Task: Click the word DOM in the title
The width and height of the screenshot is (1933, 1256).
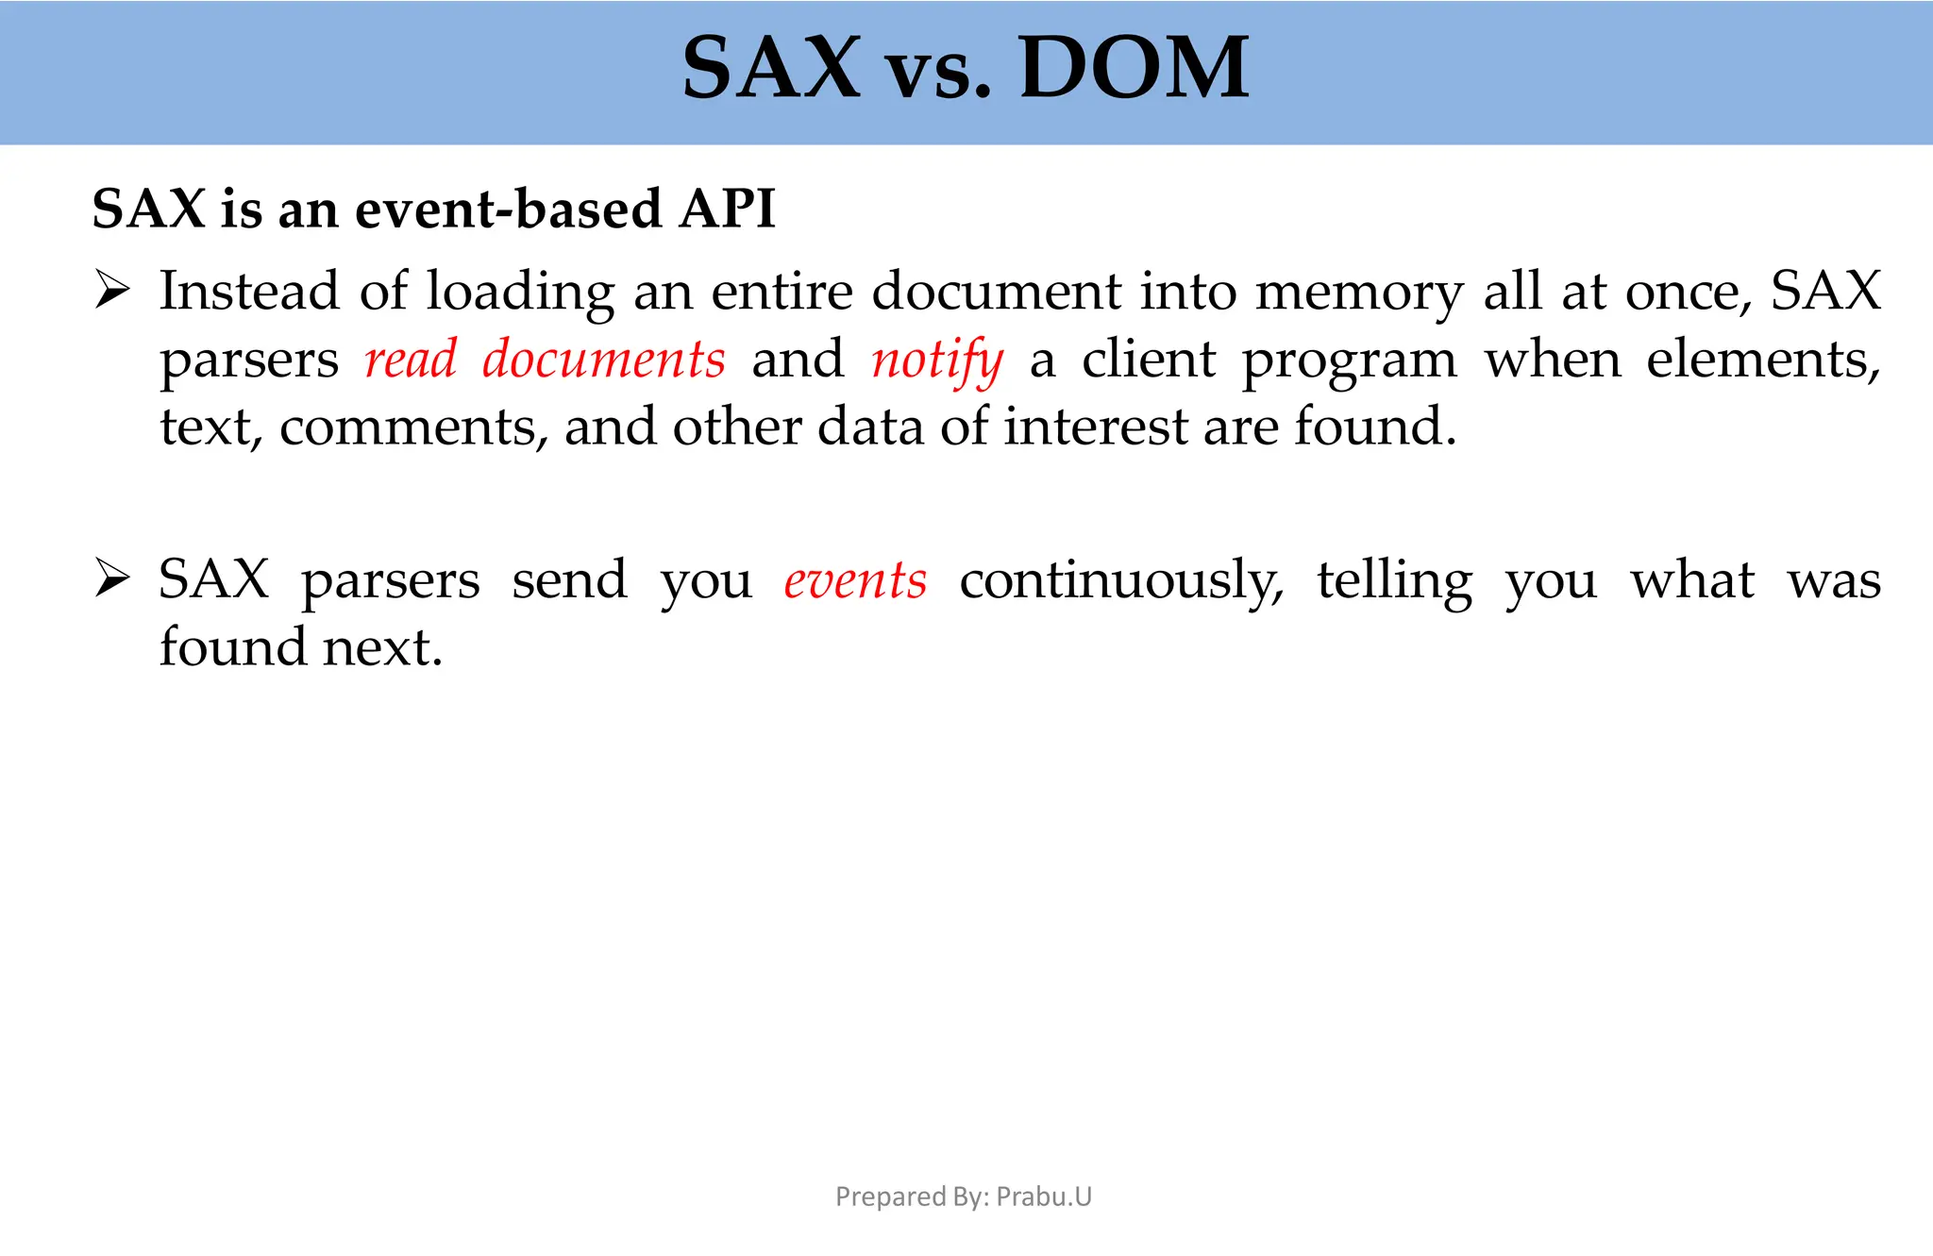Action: point(1134,68)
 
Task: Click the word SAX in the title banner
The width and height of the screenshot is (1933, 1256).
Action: point(770,68)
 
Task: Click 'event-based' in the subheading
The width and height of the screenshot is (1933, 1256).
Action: point(508,209)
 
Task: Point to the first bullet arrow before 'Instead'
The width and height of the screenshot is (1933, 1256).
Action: point(112,290)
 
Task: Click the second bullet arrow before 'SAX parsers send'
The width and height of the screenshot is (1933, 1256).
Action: point(112,578)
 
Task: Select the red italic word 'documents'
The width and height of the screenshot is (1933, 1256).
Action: point(603,360)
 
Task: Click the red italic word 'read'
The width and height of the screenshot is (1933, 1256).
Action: point(411,360)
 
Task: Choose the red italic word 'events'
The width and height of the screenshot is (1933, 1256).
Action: point(855,580)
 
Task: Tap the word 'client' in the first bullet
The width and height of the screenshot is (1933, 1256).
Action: point(1149,360)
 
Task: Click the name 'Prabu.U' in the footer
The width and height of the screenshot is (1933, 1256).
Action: point(1044,1197)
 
